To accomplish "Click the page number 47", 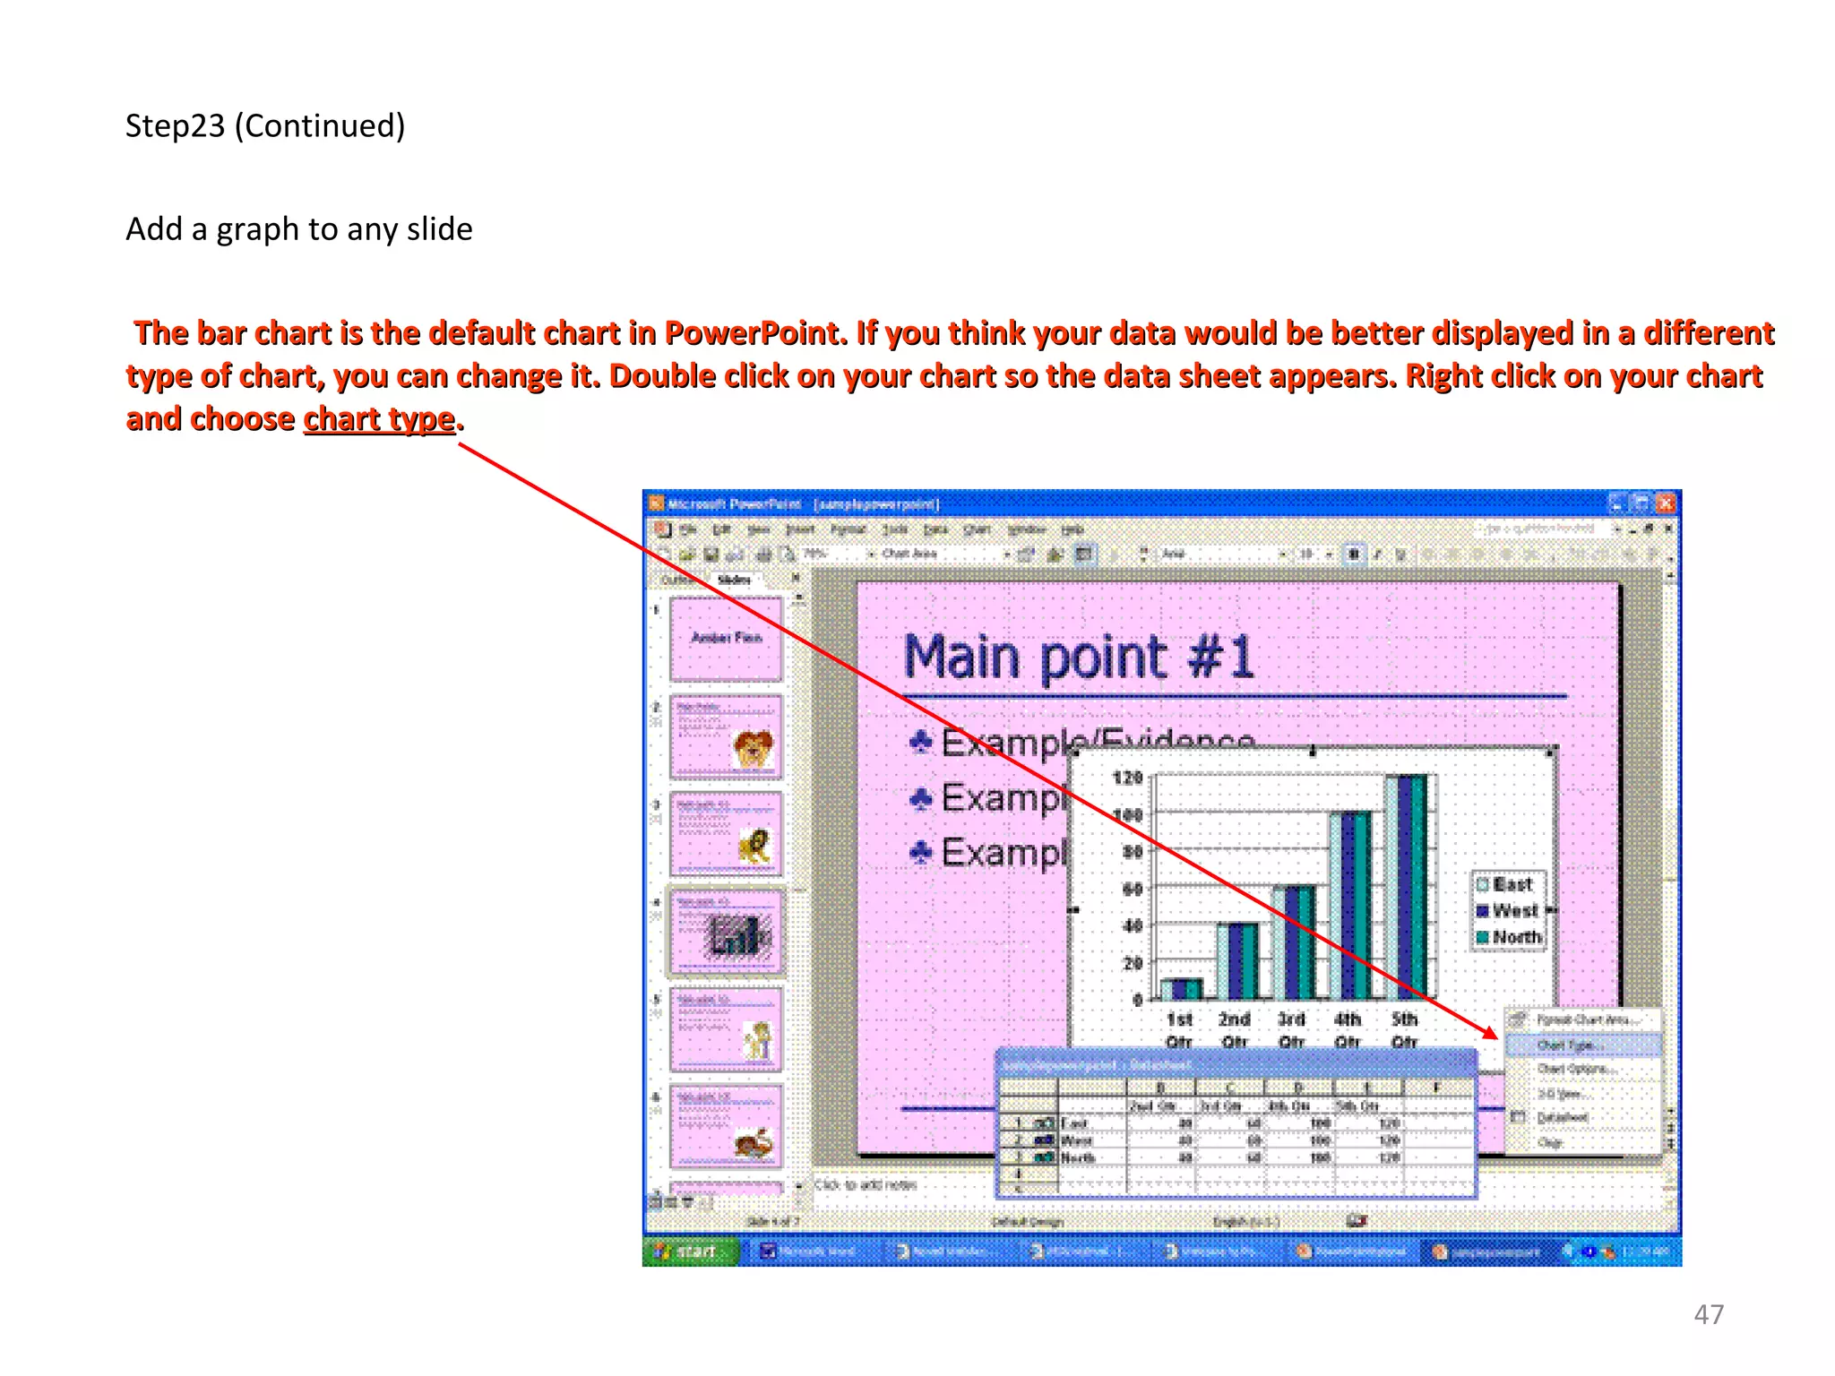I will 1708,1314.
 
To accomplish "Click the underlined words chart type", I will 379,418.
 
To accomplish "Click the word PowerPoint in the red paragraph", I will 751,333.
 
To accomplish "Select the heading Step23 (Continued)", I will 265,126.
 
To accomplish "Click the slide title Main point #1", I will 1078,657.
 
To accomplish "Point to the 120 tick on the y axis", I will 1127,778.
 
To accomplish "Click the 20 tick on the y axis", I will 1133,963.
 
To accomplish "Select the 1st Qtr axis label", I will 1179,1029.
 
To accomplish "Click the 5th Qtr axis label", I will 1404,1029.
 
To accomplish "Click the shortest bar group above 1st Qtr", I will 1181,989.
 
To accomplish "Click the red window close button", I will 1666,503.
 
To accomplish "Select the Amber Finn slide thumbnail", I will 726,640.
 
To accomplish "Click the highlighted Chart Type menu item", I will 1571,1045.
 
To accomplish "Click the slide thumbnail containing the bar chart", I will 726,932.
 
